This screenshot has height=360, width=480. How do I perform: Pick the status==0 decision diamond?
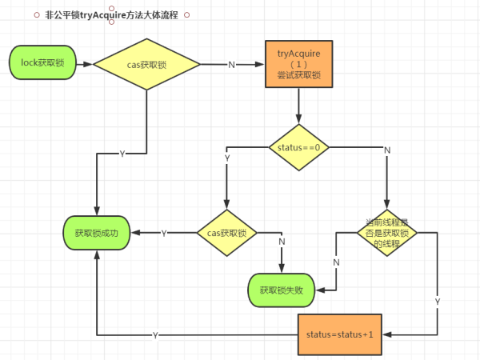click(298, 147)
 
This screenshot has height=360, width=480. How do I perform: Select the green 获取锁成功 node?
click(96, 233)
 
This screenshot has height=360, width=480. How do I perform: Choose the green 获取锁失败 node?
click(282, 289)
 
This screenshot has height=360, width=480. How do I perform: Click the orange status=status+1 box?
click(339, 334)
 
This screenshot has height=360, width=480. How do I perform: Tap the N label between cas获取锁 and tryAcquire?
click(232, 64)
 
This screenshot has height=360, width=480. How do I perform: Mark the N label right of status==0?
click(387, 150)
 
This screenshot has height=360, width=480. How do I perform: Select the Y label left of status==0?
click(227, 158)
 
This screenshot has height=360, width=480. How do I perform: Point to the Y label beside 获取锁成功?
click(164, 233)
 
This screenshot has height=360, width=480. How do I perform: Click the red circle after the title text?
click(186, 14)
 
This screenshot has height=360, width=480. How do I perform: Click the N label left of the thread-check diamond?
click(336, 262)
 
